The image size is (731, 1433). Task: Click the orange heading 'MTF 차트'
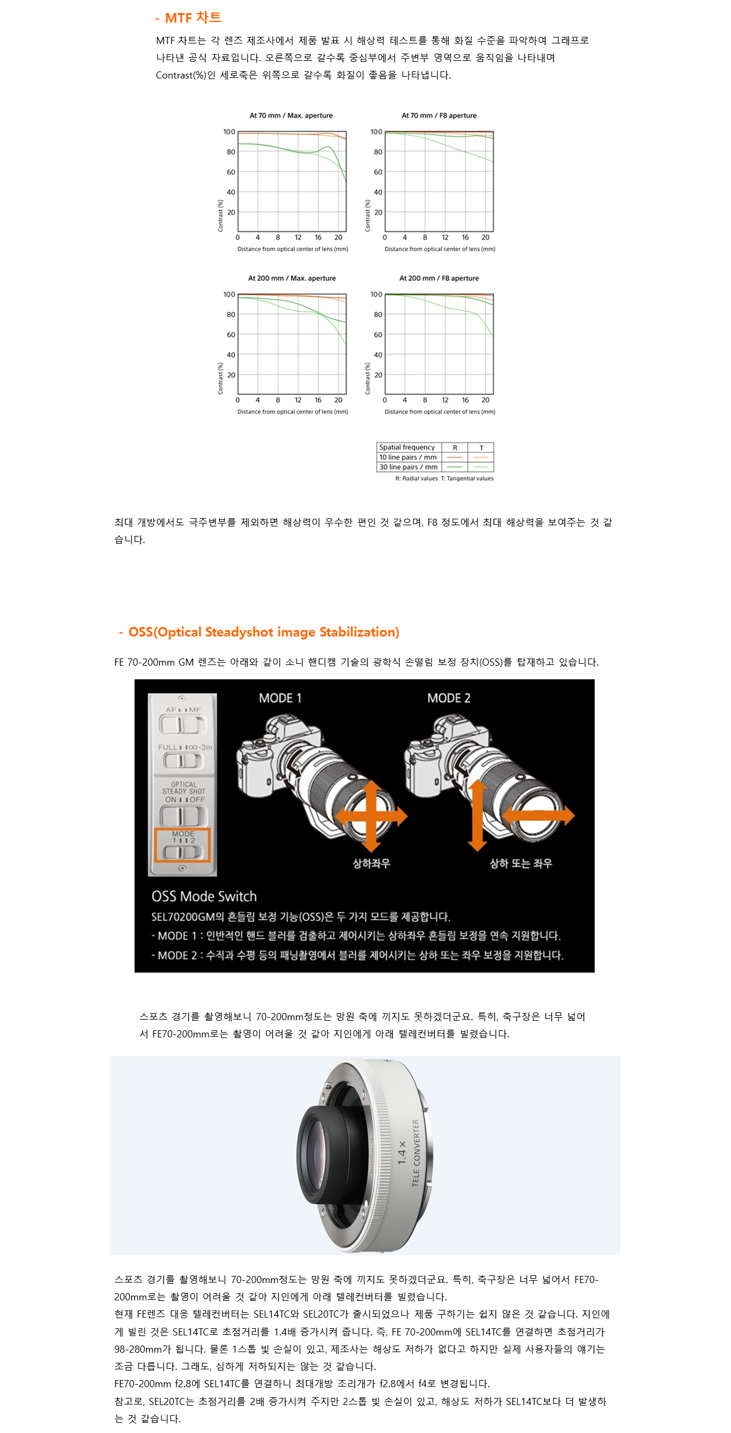tap(193, 18)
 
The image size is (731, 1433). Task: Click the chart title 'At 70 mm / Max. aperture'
tap(291, 115)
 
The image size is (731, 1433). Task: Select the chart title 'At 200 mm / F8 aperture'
tap(439, 278)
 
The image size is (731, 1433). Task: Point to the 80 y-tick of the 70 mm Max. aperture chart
tap(231, 152)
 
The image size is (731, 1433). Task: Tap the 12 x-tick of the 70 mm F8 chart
tap(445, 237)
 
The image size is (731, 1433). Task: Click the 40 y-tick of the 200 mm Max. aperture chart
tap(231, 355)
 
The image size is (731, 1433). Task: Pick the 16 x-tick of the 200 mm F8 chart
tap(466, 400)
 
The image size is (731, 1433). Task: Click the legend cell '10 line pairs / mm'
tap(408, 457)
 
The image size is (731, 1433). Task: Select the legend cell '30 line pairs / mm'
tap(408, 467)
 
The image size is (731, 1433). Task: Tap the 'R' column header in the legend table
tap(455, 447)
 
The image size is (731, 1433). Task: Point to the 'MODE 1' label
tap(280, 698)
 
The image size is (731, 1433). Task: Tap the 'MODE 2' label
tap(449, 698)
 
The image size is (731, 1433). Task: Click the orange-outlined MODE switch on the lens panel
tap(183, 845)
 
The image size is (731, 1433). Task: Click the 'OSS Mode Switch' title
tap(204, 896)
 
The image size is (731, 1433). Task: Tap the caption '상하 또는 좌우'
tap(521, 863)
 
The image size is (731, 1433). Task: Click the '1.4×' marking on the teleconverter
tap(402, 1152)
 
